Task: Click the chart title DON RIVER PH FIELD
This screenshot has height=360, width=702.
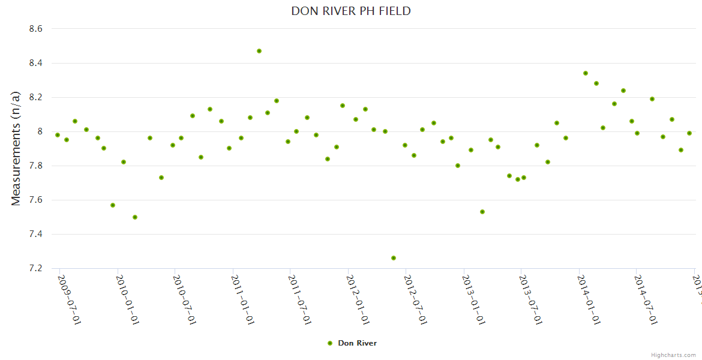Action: tap(351, 11)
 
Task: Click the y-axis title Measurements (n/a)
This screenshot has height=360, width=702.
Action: tap(16, 148)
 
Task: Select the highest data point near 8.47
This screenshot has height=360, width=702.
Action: tap(259, 51)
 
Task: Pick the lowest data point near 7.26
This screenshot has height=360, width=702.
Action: tap(394, 258)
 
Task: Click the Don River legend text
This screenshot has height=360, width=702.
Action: tap(357, 343)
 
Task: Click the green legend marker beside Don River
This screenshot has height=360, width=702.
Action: tap(329, 343)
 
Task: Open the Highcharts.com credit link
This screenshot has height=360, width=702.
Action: tap(673, 355)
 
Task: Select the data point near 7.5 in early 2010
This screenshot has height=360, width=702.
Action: tap(135, 217)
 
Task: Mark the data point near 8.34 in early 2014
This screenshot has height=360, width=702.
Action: tap(586, 73)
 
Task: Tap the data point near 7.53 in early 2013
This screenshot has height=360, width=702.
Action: tap(482, 212)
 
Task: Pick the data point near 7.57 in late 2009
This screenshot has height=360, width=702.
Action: tap(113, 205)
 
